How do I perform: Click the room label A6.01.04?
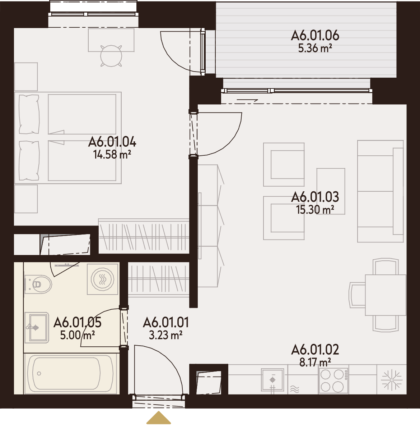point(112,142)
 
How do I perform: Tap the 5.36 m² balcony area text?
point(315,48)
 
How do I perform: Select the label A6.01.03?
point(315,197)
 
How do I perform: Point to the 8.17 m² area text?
point(315,363)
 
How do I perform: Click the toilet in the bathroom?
point(38,284)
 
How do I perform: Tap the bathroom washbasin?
point(37,328)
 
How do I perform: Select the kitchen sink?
point(272,380)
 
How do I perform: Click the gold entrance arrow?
point(159,418)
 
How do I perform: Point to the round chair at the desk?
point(111,56)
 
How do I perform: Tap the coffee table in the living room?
point(331,191)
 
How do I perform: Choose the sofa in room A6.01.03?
point(380,191)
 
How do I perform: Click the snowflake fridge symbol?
point(392,380)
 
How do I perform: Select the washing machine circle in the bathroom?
point(102,279)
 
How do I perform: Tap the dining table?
point(386,295)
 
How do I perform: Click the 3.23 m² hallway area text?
point(165,335)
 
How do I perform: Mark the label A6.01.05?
point(77,322)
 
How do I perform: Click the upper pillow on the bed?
point(29,114)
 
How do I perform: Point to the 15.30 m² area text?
point(315,210)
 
